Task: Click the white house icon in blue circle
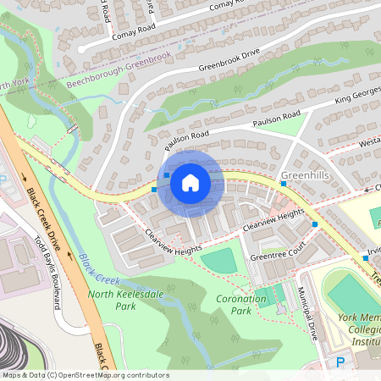click(190, 182)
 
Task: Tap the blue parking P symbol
click(340, 362)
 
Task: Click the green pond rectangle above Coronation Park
click(221, 262)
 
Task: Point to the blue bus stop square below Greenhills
click(315, 224)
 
